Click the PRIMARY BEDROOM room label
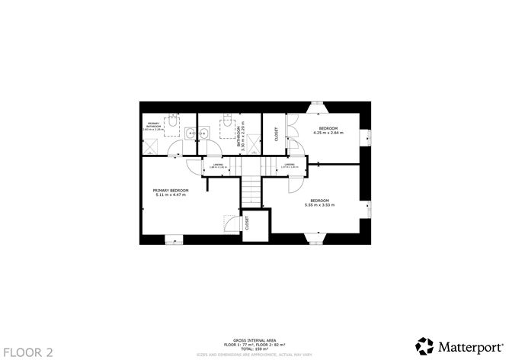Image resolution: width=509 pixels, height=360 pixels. click(170, 190)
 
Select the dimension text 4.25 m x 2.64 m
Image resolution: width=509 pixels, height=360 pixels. click(328, 132)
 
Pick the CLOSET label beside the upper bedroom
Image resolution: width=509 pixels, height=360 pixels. click(276, 133)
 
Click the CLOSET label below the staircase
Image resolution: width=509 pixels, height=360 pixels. click(247, 223)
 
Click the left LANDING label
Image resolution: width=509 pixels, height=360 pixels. click(217, 165)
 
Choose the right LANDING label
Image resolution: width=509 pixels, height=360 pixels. click(289, 165)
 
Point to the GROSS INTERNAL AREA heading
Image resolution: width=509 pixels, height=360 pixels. click(254, 340)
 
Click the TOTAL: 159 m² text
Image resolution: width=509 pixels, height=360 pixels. click(254, 349)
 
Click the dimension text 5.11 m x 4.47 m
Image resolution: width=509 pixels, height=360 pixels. click(170, 194)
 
